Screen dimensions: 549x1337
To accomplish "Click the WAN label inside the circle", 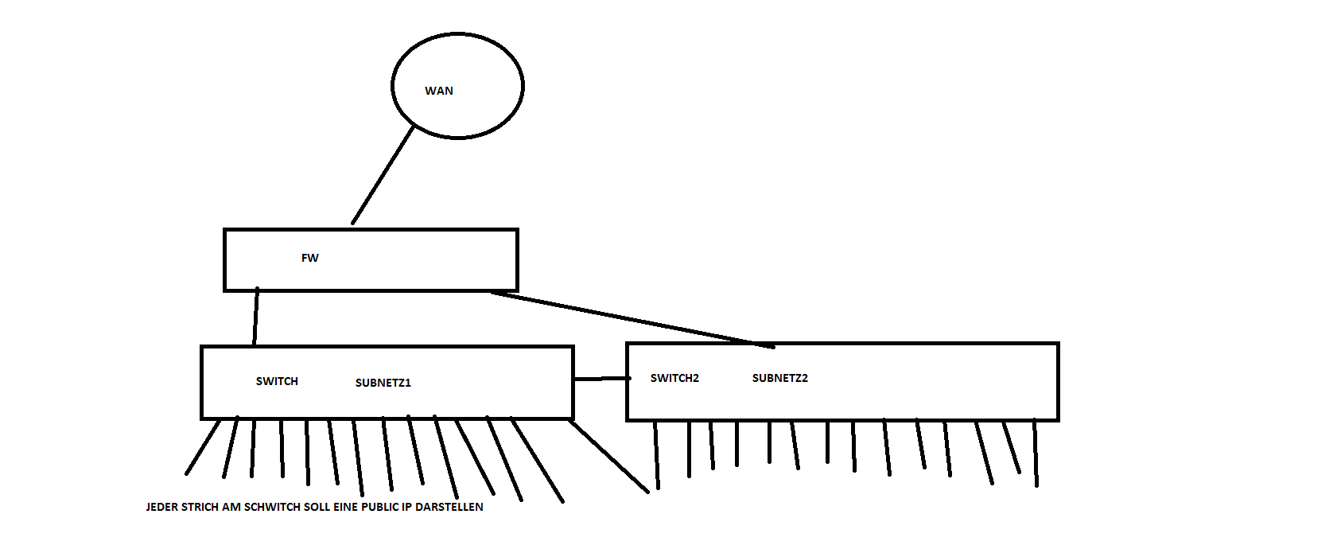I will tap(439, 91).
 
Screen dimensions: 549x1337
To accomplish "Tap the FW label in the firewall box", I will tap(310, 258).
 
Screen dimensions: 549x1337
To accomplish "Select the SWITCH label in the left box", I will tap(277, 381).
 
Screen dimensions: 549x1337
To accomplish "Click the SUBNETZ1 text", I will tap(383, 383).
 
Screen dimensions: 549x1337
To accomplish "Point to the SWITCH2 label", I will tap(674, 378).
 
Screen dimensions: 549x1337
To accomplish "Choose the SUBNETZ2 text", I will tap(779, 378).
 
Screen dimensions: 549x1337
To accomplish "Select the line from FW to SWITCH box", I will tap(256, 317).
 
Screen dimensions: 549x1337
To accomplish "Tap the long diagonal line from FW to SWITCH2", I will tap(628, 320).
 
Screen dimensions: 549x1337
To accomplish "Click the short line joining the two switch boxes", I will tap(601, 379).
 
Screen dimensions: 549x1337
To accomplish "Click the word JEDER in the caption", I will tap(162, 507).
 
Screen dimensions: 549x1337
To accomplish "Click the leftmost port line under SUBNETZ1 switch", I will tap(203, 447).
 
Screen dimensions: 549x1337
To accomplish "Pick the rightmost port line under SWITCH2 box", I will tap(1035, 453).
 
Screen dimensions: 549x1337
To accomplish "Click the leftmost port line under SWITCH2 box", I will tap(656, 455).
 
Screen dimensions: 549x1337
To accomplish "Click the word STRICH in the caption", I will tap(201, 507).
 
